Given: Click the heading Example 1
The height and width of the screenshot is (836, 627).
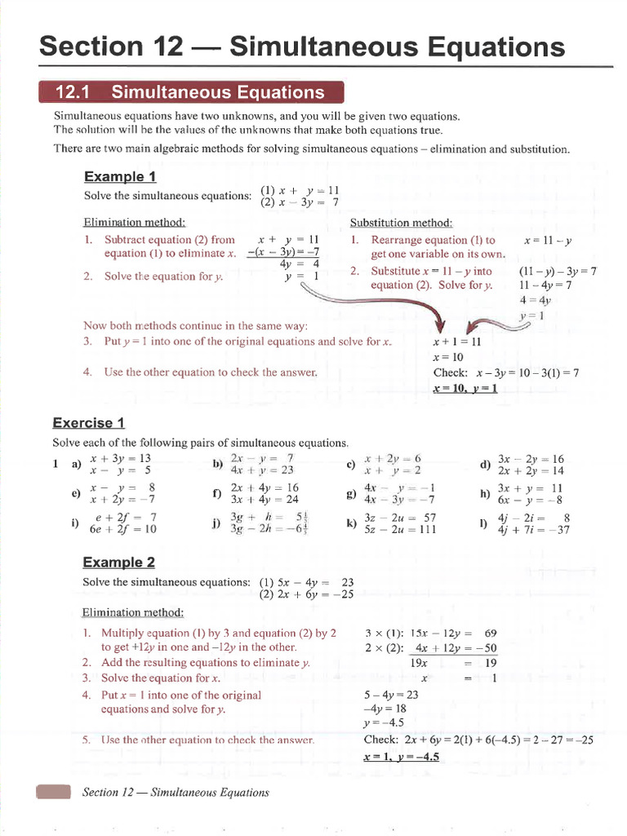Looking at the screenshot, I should pos(120,177).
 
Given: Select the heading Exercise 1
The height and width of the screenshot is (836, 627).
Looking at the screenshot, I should pos(88,422).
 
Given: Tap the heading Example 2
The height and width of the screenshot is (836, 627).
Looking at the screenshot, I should pos(118,563).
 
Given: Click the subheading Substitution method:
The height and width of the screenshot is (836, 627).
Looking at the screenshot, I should pos(401,223).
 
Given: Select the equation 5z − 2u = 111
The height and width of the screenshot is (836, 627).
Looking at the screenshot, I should pos(401,529).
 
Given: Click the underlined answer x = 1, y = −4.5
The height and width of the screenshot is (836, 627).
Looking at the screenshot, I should pos(402,757).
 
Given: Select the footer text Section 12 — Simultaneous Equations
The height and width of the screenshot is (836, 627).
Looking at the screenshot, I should pos(176,792).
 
